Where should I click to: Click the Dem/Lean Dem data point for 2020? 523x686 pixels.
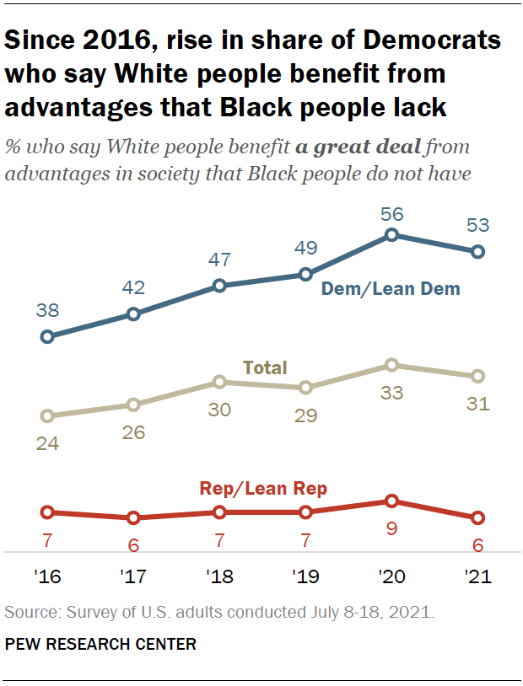pyautogui.click(x=391, y=235)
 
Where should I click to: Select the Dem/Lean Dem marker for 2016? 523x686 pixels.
pyautogui.click(x=47, y=336)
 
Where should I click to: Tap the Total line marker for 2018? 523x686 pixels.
pyautogui.click(x=219, y=382)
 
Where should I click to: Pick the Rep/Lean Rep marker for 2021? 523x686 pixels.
pyautogui.click(x=477, y=517)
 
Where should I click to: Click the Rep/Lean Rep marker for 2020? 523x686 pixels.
pyautogui.click(x=391, y=501)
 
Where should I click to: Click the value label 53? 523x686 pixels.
pyautogui.click(x=477, y=225)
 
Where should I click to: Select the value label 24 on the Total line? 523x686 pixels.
pyautogui.click(x=47, y=442)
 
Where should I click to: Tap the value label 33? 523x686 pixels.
pyautogui.click(x=391, y=392)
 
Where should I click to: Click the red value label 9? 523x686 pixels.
pyautogui.click(x=391, y=529)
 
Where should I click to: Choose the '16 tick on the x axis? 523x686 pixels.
pyautogui.click(x=47, y=577)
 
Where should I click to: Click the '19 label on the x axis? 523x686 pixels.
pyautogui.click(x=305, y=577)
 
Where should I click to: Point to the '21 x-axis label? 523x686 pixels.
pyautogui.click(x=477, y=577)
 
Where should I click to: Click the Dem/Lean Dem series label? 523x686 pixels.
pyautogui.click(x=391, y=289)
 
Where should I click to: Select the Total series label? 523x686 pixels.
pyautogui.click(x=265, y=367)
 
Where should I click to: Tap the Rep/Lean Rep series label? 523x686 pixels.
pyautogui.click(x=263, y=488)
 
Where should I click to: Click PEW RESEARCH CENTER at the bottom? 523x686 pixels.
pyautogui.click(x=100, y=645)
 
